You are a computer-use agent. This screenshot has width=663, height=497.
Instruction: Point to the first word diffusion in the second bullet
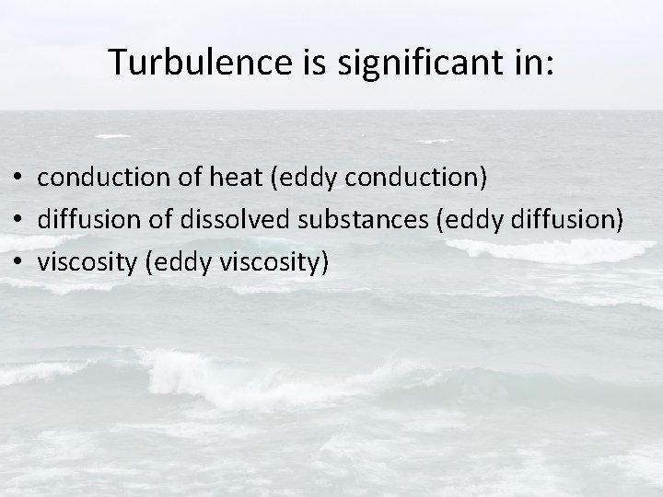[x=85, y=220]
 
